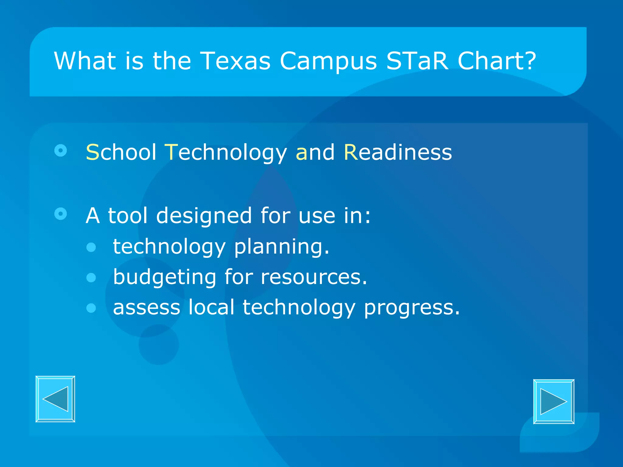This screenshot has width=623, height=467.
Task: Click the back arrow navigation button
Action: [55, 399]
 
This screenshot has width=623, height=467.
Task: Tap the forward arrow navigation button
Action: [554, 401]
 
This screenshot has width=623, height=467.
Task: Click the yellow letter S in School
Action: [92, 152]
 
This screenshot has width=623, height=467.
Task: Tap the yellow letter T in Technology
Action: [171, 152]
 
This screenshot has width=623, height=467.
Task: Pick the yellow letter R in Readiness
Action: [351, 152]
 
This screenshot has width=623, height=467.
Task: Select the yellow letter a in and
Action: [301, 153]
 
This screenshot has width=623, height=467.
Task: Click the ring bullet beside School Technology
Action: [61, 150]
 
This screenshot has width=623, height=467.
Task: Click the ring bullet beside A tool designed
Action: [61, 214]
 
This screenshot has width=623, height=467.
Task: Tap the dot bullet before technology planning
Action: [91, 247]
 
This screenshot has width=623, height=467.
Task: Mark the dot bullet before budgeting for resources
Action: [91, 278]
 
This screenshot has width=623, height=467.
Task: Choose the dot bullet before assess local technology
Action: [91, 308]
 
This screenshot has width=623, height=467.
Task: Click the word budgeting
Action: [165, 277]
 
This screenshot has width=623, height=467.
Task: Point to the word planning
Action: [281, 247]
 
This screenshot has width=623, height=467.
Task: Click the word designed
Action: [204, 216]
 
